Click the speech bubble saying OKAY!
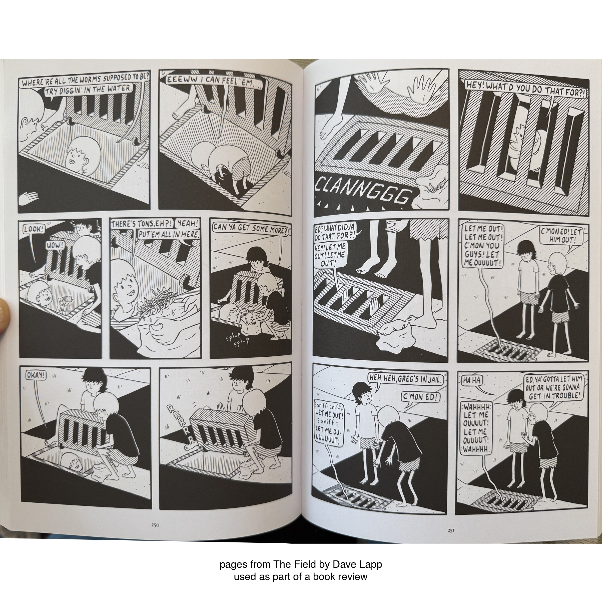click(x=36, y=375)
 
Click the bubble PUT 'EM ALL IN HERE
click(x=168, y=235)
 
